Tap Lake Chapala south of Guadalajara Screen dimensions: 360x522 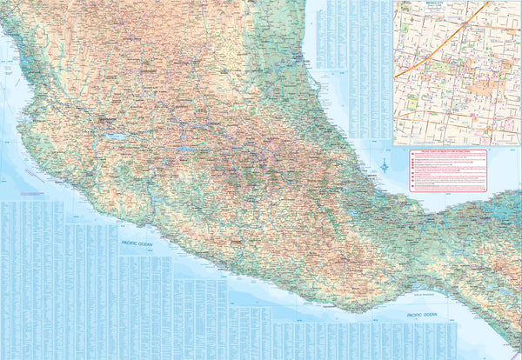coord(110,137)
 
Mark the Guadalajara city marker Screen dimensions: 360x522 coord(106,118)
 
